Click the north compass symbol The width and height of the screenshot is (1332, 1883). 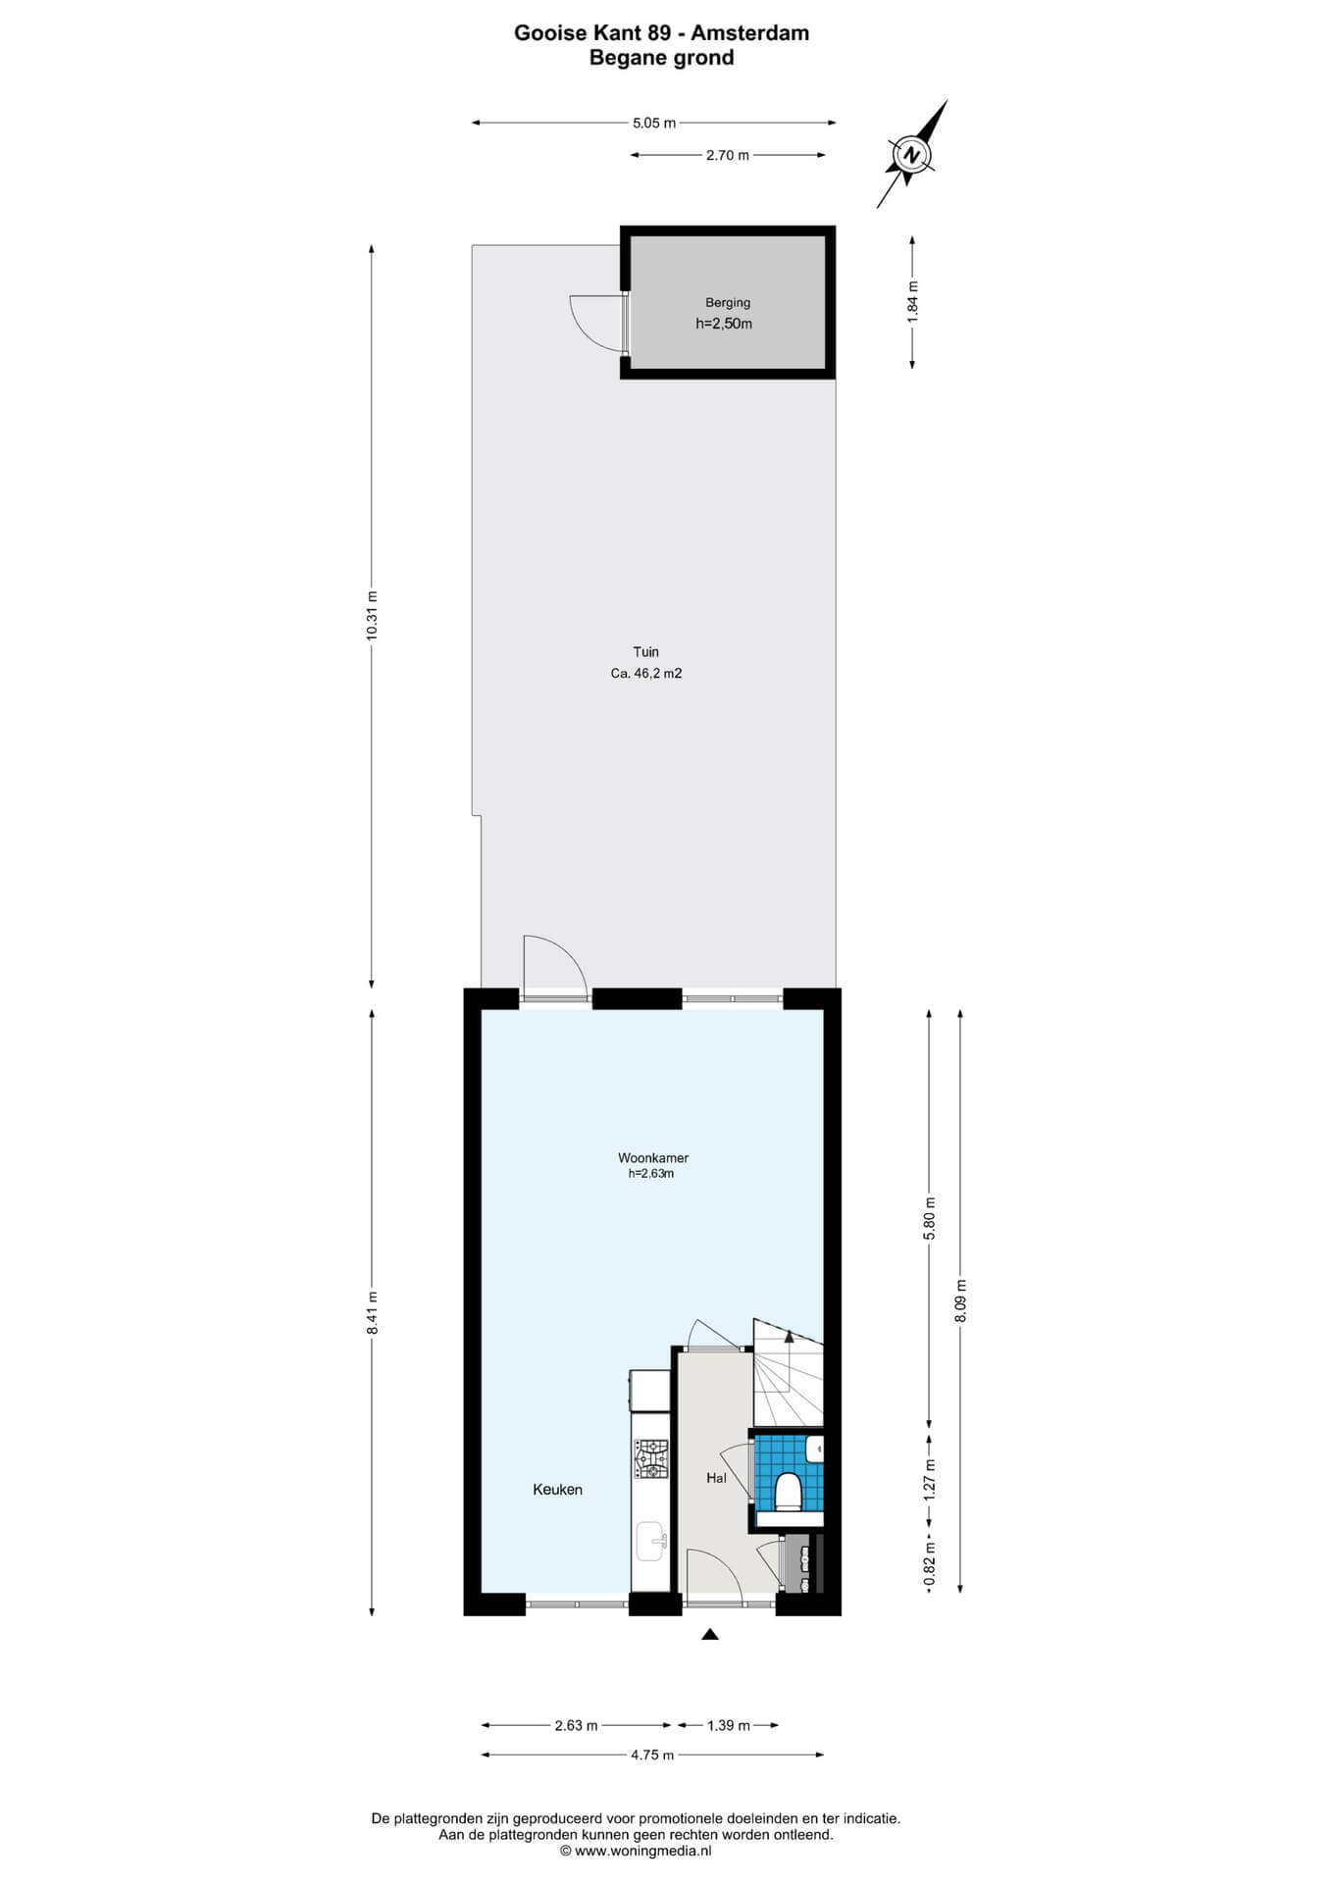coord(912,155)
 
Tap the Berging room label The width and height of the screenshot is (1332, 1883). coord(728,303)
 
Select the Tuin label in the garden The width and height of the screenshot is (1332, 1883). coord(645,652)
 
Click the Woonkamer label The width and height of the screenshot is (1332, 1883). coord(653,1158)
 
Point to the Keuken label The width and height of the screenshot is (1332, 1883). coord(557,1490)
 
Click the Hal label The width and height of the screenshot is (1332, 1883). coord(716,1478)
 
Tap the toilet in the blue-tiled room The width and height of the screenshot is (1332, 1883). coord(789,1492)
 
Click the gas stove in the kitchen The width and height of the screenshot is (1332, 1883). coord(650,1458)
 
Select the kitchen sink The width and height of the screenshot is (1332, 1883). coord(650,1541)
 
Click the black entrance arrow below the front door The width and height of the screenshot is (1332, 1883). coord(710,1634)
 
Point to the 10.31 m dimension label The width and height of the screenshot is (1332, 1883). coord(371,616)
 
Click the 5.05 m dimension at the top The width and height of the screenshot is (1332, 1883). coord(654,124)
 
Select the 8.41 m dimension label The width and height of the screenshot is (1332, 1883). coord(371,1312)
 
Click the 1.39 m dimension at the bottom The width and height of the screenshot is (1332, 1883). coord(729,1725)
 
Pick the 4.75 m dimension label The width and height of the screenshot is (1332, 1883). coord(652,1755)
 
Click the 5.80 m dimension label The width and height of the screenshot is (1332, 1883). coord(930,1218)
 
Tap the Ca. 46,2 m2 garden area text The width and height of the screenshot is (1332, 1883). coord(646,674)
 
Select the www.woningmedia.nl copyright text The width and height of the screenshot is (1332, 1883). coord(636,1851)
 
